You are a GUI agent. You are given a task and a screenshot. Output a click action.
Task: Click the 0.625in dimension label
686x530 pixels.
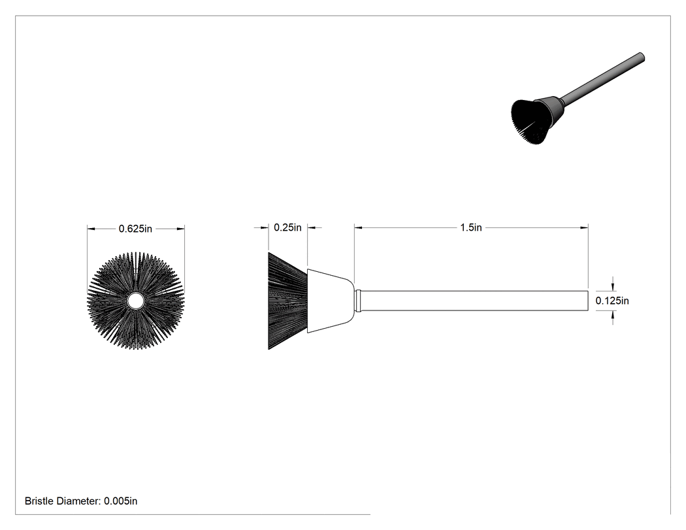tap(135, 229)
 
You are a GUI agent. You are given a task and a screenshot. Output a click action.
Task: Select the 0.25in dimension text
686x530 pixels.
tap(287, 227)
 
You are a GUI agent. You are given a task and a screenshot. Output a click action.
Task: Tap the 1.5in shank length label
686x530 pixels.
tap(471, 227)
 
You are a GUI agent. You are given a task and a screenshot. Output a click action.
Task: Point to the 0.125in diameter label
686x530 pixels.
tap(612, 301)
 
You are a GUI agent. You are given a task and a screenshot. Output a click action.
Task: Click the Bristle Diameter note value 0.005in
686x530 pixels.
tap(120, 501)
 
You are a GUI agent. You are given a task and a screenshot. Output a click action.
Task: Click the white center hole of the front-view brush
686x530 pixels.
tap(135, 301)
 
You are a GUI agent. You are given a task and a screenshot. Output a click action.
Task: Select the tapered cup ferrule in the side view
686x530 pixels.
tap(331, 301)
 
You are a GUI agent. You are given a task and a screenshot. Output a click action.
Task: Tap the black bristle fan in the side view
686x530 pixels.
tap(287, 301)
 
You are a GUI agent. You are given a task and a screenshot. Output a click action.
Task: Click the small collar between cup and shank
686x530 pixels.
tap(358, 301)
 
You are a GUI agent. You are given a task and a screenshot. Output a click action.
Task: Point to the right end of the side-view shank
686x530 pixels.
tap(587, 301)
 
